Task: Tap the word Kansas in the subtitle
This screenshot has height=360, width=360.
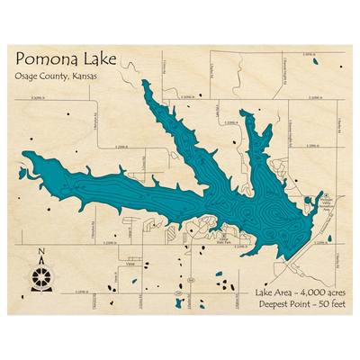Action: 82,76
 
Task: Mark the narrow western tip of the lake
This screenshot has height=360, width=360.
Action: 26,160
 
